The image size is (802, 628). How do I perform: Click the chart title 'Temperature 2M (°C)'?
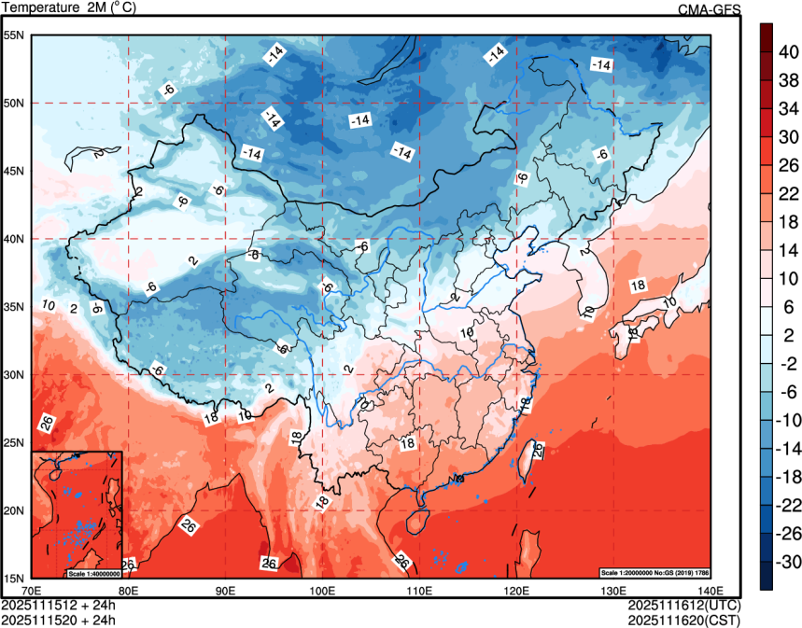(x=71, y=8)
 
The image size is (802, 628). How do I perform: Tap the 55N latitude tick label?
(x=15, y=35)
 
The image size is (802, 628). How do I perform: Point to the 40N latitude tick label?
(x=15, y=239)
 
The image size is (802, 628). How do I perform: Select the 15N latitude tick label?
(x=15, y=578)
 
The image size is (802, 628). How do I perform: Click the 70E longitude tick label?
(x=32, y=591)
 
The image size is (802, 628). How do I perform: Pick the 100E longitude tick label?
(x=322, y=591)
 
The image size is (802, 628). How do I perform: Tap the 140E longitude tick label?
(x=710, y=591)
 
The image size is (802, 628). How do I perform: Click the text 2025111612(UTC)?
(x=684, y=605)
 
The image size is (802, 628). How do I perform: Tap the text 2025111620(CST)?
(x=684, y=619)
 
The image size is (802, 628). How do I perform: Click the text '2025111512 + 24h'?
(x=59, y=605)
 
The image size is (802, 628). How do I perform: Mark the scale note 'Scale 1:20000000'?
(x=633, y=571)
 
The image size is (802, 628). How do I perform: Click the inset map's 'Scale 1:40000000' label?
(x=93, y=573)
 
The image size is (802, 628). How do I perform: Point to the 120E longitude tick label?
(x=515, y=591)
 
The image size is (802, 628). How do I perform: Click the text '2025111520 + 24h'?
(x=59, y=619)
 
